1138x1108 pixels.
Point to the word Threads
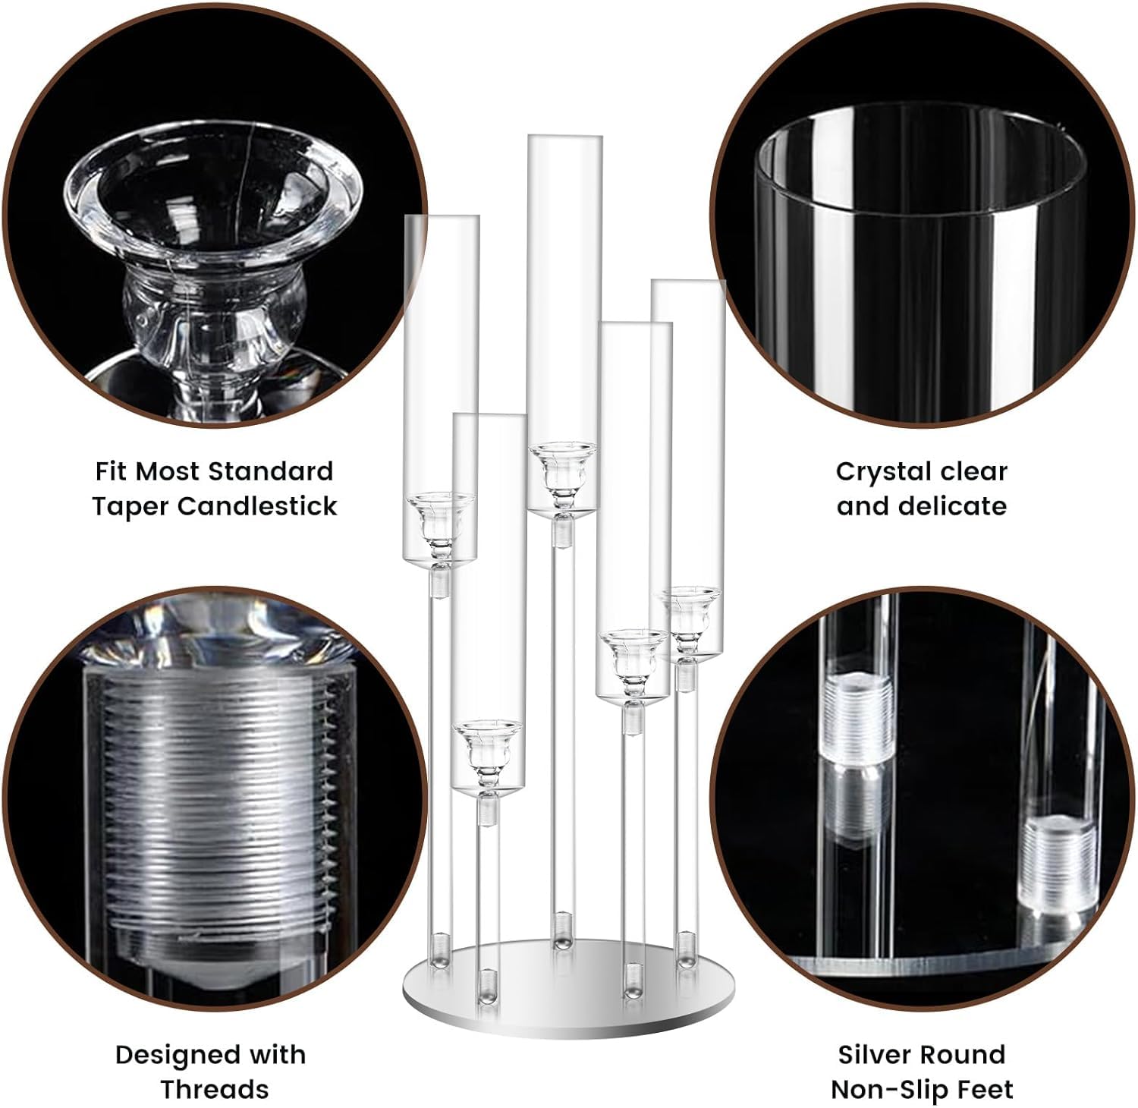tap(215, 1089)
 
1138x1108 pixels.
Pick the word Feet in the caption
tap(983, 1089)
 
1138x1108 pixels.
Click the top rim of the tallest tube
tap(565, 137)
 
